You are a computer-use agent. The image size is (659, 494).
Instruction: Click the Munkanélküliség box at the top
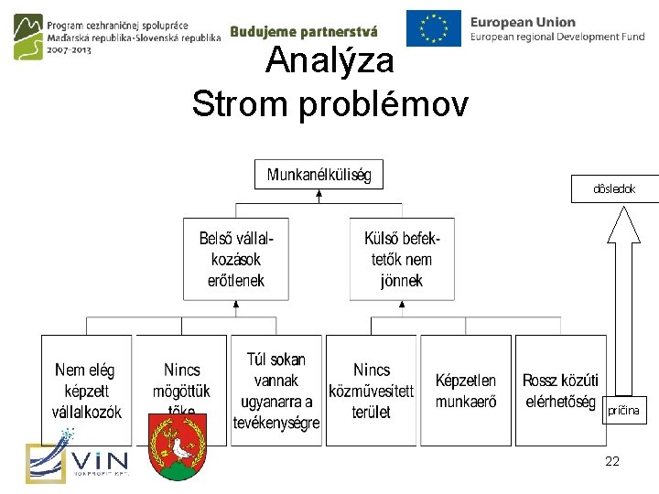coord(319,175)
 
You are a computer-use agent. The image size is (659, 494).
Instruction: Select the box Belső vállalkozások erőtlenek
coord(236,259)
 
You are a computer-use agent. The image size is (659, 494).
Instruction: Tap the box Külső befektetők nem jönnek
coord(402,259)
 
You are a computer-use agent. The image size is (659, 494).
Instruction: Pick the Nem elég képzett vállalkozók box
coord(86,391)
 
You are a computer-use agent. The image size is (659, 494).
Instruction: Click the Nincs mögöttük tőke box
coord(181,380)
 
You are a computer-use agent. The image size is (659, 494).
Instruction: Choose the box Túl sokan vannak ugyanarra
coord(276,391)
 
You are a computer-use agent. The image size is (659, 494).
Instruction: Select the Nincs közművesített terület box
coord(372,391)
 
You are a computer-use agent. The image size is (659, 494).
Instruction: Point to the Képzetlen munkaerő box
coord(466,391)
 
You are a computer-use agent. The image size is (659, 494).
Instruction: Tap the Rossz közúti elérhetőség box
coord(560,391)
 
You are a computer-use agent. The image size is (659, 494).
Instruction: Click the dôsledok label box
coord(614,188)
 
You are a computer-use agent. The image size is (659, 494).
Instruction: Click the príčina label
coord(623,412)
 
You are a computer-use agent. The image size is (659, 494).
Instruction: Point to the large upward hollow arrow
coord(624,302)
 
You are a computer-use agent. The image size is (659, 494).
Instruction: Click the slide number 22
coord(612,461)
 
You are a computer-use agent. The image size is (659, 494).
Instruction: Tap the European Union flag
coord(434,28)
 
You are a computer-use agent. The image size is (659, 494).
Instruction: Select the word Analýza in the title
coord(329,61)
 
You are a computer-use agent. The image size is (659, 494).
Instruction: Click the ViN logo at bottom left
coord(78,462)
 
